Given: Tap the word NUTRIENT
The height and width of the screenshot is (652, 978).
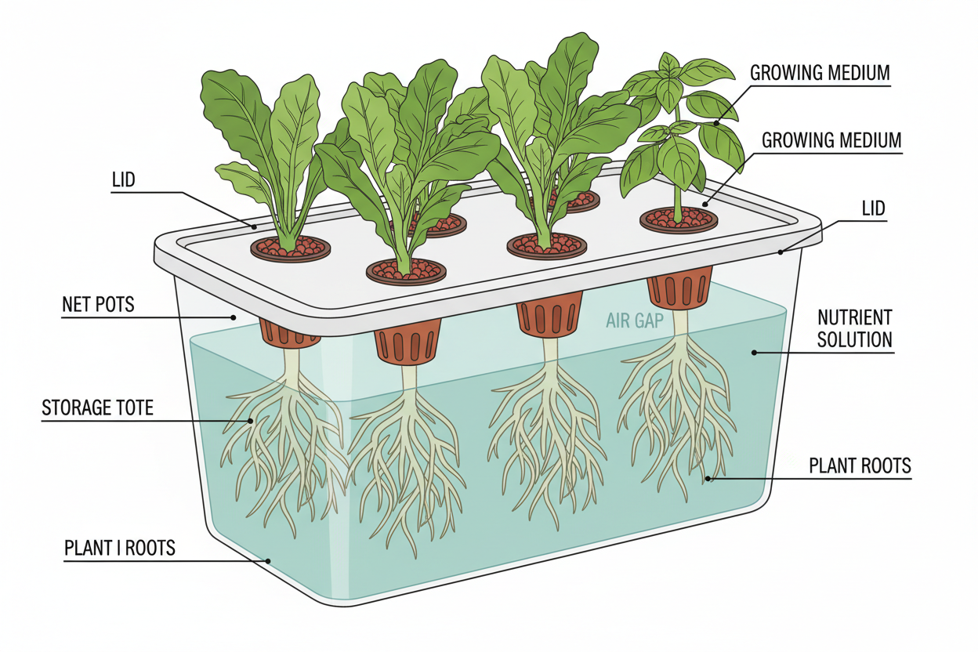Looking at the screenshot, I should (x=854, y=318).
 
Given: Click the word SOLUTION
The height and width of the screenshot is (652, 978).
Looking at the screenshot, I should (x=854, y=339).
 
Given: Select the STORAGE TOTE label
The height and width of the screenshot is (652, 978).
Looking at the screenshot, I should (x=98, y=407).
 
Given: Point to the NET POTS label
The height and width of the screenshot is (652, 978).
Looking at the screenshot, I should (x=98, y=304).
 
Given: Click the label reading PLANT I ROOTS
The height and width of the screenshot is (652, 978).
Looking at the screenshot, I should (x=120, y=548).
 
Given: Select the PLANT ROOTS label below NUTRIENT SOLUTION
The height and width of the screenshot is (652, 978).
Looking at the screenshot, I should (x=860, y=466).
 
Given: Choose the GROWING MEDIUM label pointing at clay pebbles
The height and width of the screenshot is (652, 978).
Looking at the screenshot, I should (x=831, y=141).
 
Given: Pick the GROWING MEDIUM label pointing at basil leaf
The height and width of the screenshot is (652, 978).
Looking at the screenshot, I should (x=820, y=74).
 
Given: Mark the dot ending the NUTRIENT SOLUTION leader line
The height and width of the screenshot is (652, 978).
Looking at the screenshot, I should (x=754, y=353).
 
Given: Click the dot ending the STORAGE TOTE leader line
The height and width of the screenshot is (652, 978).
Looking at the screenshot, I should (x=251, y=421).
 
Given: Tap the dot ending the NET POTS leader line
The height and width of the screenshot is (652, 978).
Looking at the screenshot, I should (x=234, y=317).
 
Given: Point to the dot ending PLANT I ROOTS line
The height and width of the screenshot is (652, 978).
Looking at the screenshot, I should (x=268, y=560).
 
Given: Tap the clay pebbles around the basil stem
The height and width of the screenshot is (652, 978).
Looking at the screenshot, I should (x=679, y=219).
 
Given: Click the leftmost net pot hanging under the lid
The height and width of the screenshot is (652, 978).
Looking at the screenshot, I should (x=289, y=332).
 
